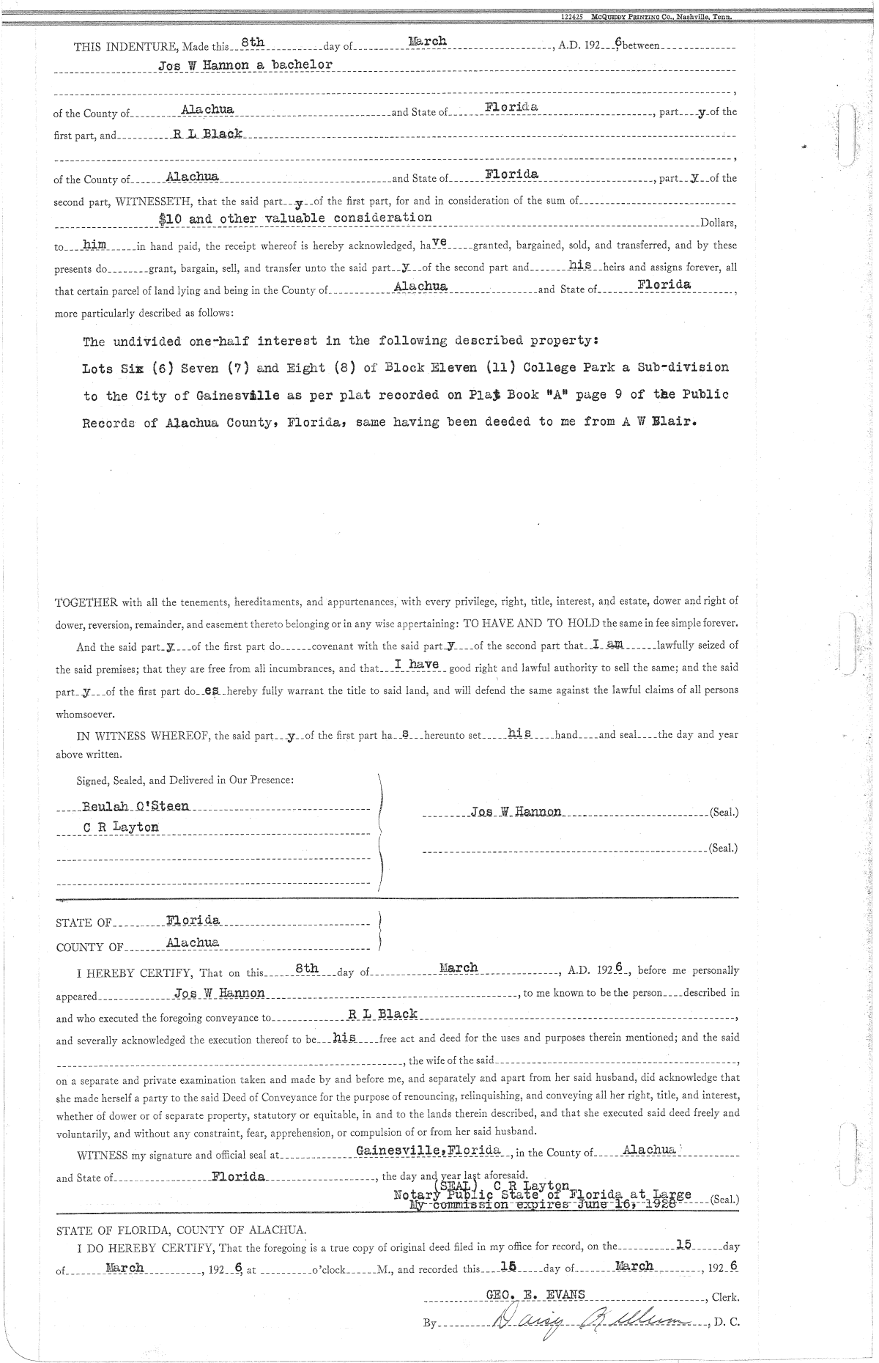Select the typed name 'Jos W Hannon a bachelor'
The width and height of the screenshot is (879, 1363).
(x=245, y=64)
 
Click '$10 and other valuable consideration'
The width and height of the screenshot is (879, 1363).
(x=295, y=218)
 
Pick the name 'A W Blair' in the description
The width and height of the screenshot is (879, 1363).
(x=658, y=423)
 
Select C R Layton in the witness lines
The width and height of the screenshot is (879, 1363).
(x=121, y=828)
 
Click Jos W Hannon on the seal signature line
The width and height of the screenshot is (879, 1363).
(x=516, y=812)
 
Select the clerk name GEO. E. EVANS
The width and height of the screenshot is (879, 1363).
(x=535, y=1295)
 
